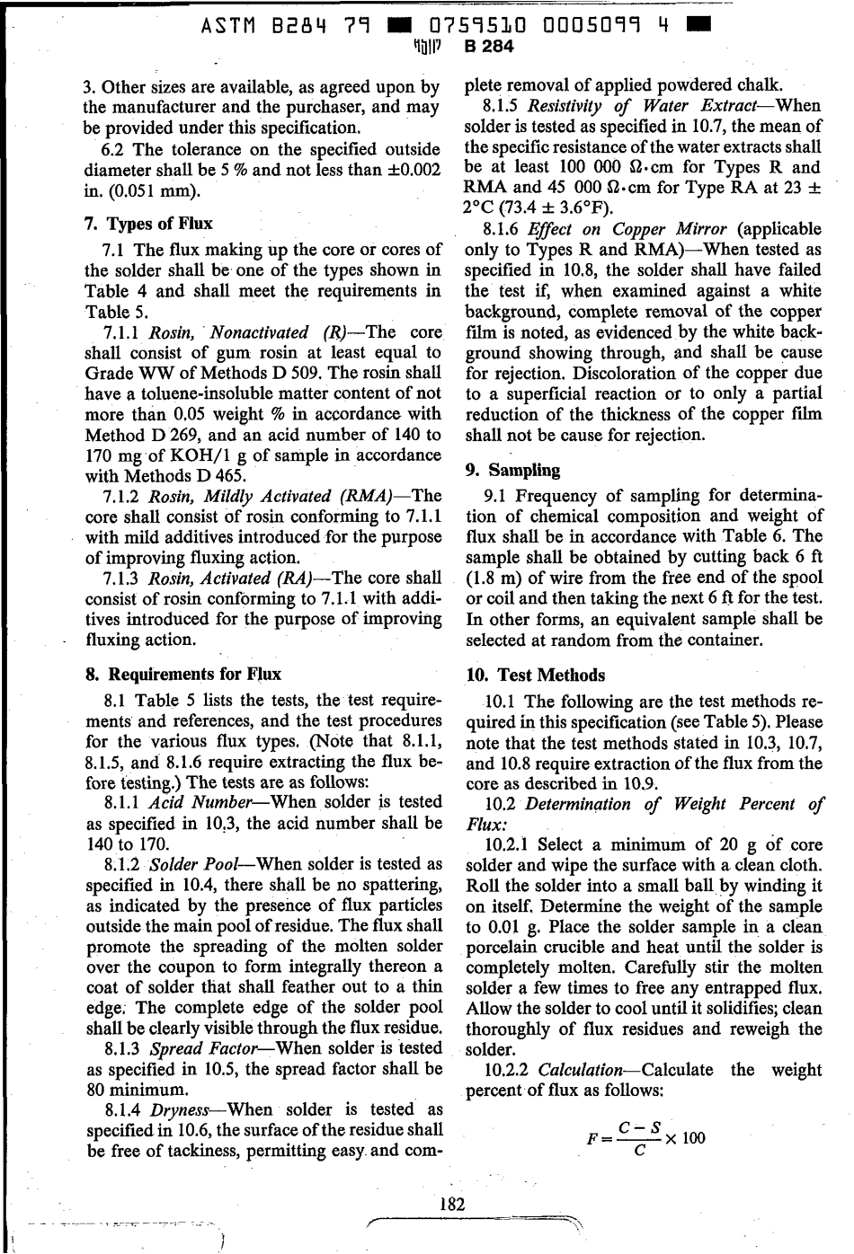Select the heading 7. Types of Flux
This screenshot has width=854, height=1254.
[x=148, y=223]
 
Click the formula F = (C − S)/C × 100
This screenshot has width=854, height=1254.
[x=645, y=1138]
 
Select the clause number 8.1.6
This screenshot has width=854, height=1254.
[x=503, y=229]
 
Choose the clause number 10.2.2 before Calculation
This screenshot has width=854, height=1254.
[x=509, y=1070]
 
